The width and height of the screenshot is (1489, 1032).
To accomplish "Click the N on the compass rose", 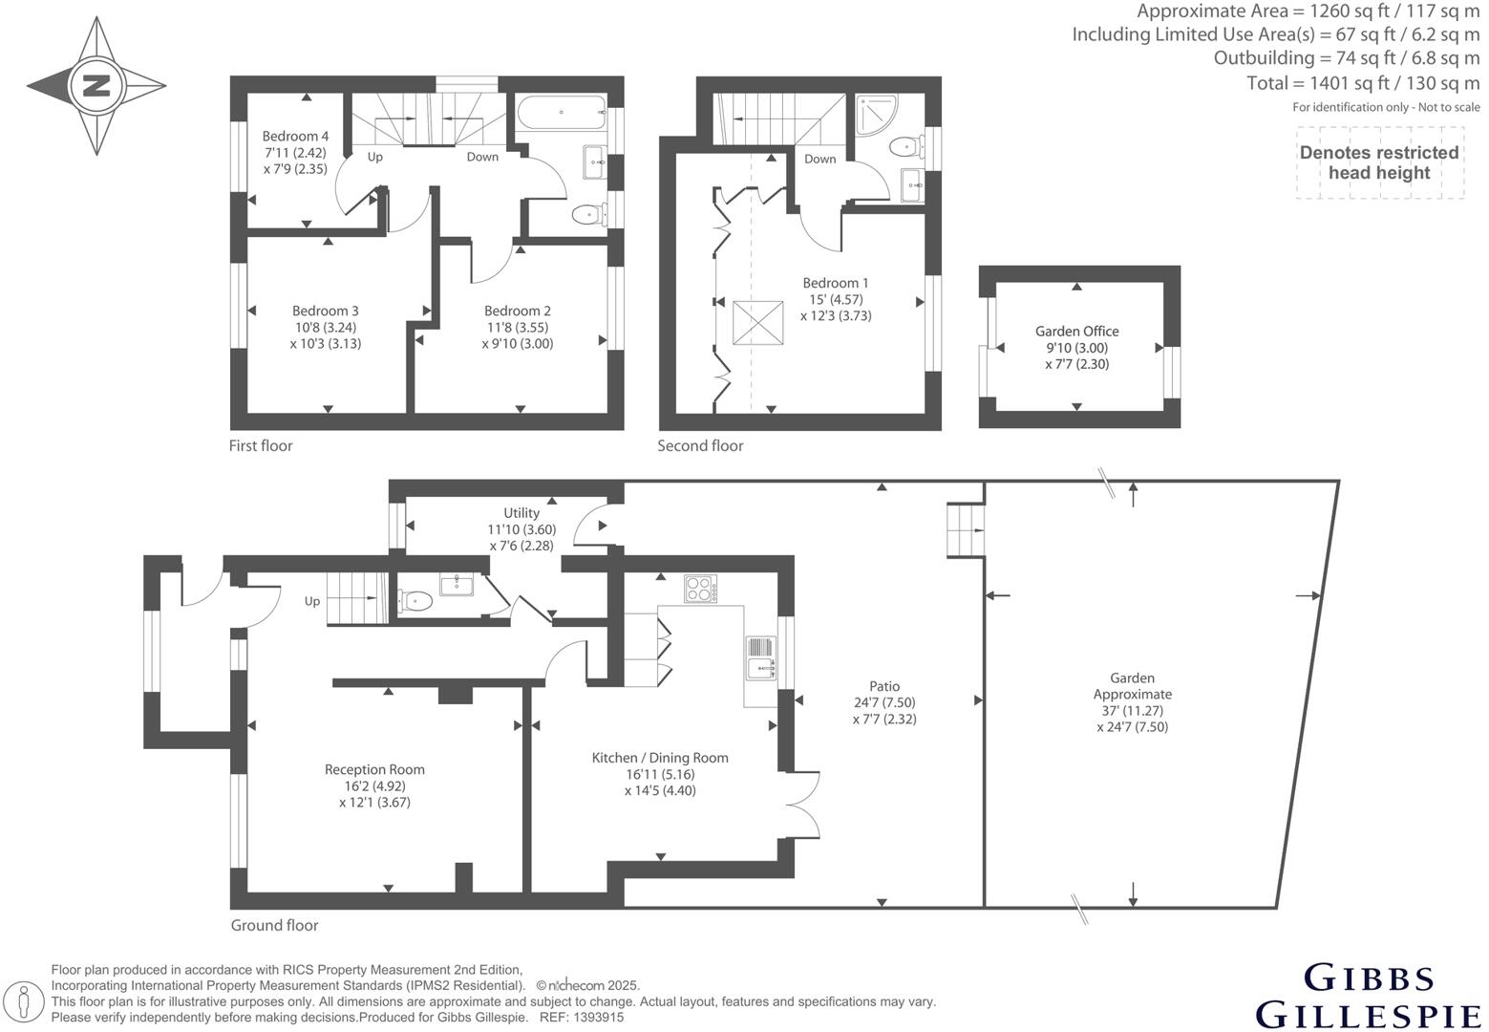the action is click(96, 86).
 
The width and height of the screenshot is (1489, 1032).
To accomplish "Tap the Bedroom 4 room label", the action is click(295, 137).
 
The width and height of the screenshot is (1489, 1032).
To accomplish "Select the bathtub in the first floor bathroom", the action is click(562, 113).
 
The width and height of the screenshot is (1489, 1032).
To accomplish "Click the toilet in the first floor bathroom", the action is click(589, 214).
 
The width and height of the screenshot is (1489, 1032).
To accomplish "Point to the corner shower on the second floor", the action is click(877, 115).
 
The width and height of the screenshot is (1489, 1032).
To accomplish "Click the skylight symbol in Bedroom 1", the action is click(757, 323).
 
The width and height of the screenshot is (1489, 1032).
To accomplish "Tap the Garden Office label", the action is click(1076, 332).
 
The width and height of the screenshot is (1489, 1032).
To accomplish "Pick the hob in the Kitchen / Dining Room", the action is click(701, 589).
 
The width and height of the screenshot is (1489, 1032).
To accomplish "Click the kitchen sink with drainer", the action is click(761, 658).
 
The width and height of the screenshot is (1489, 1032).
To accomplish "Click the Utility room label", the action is click(521, 513).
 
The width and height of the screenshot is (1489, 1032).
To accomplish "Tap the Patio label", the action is click(884, 686).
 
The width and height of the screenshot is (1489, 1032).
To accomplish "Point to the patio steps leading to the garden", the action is click(966, 530).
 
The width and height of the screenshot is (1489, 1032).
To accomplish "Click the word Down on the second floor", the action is click(819, 159).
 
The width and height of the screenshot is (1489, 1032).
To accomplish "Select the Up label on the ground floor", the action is click(311, 602).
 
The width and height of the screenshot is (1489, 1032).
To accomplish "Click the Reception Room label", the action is click(374, 769).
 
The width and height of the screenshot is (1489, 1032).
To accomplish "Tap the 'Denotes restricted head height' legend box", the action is click(1379, 162).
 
